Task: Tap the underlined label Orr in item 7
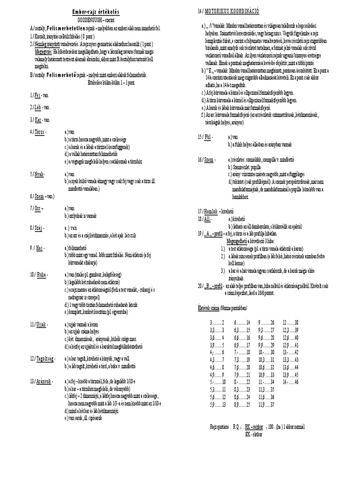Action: (38, 208)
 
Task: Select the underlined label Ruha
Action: (40, 273)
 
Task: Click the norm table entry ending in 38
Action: (291, 323)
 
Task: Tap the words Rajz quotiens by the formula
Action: (219, 427)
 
